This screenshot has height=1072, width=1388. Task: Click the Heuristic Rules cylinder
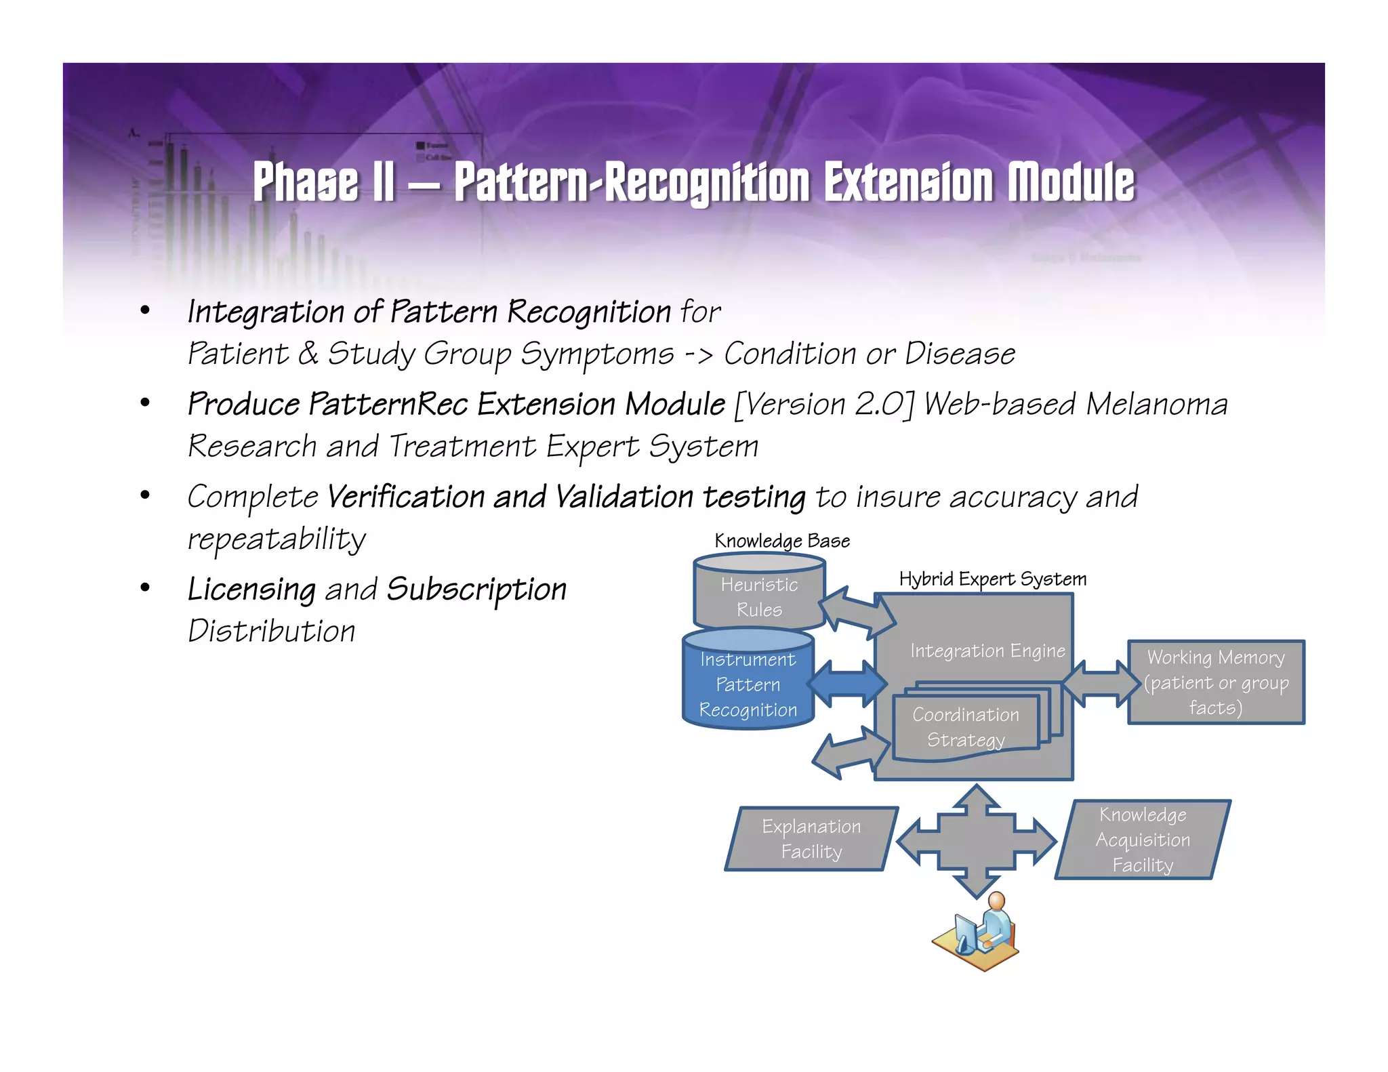(759, 596)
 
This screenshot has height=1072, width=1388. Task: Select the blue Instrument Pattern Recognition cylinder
(748, 684)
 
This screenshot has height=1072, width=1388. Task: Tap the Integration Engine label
(987, 651)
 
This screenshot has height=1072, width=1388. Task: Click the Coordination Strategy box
(966, 727)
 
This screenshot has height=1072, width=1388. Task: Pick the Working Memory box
(1216, 682)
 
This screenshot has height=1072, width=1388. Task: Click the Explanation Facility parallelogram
(811, 839)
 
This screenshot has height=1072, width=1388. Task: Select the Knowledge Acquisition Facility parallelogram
(1143, 840)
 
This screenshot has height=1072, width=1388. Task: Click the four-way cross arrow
(976, 842)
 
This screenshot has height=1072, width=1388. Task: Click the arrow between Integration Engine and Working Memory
(1101, 683)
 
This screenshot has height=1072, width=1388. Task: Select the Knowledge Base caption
(782, 541)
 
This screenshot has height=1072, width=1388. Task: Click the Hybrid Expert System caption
(992, 579)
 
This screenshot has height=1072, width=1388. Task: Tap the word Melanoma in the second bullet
(1156, 404)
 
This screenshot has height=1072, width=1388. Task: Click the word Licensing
(251, 589)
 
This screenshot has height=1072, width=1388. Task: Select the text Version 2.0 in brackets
(824, 404)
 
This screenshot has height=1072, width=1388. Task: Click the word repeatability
(277, 539)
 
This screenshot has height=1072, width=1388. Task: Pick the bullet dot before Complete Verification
(144, 495)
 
